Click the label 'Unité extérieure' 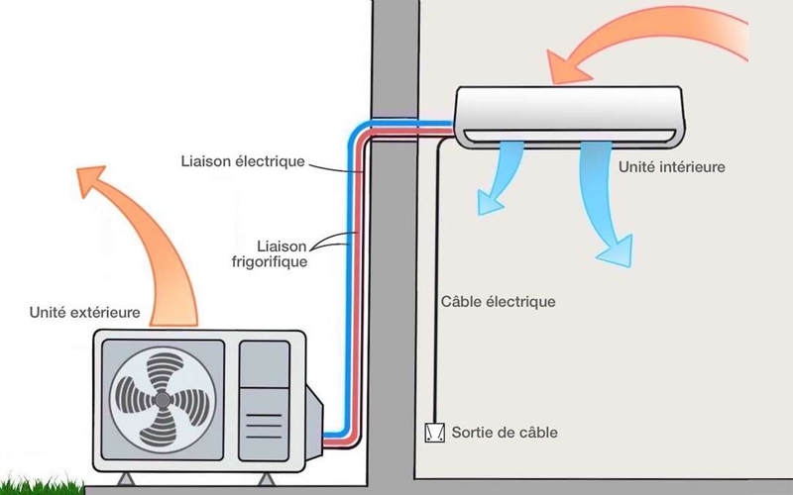84,314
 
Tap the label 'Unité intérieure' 671,167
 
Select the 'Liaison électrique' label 242,160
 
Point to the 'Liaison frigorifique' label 282,253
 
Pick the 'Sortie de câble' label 504,433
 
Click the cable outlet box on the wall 432,433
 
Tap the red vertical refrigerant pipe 364,277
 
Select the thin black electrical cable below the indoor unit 433,297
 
